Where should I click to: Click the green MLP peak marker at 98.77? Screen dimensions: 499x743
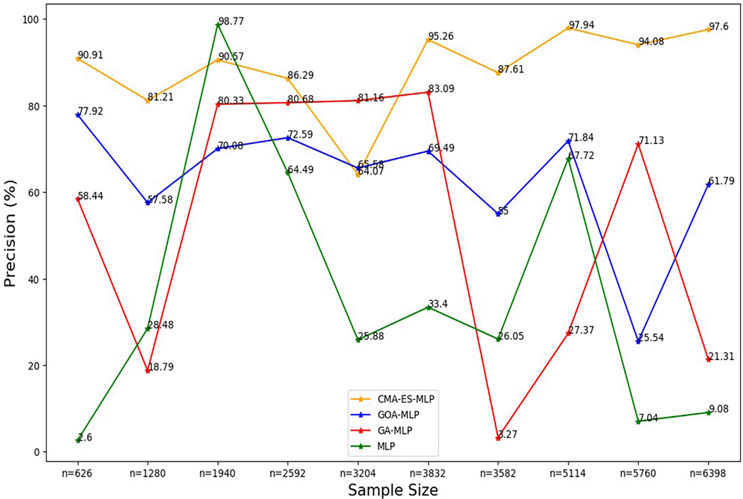[x=218, y=25]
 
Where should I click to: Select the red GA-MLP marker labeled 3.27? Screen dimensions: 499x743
[x=498, y=438]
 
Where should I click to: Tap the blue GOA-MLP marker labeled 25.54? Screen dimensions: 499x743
[x=638, y=342]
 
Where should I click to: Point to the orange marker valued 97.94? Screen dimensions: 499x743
[x=568, y=28]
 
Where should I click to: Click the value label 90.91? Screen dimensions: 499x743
[x=90, y=55]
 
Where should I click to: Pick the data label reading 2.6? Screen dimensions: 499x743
[x=85, y=437]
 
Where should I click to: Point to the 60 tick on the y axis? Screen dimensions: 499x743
[x=34, y=192]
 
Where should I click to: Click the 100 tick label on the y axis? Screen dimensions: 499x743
[x=31, y=19]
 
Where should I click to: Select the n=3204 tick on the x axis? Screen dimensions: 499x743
[x=358, y=473]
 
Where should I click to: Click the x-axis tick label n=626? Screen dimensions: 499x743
[x=77, y=473]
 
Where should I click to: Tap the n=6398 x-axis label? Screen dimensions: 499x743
[x=708, y=473]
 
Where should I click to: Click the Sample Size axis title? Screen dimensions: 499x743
[x=393, y=490]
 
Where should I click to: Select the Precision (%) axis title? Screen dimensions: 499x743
[x=10, y=233]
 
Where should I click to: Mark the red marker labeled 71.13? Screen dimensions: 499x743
[x=638, y=145]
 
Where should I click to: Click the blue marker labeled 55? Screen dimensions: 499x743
[x=498, y=214]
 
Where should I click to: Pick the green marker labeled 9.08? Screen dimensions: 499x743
[x=708, y=412]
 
